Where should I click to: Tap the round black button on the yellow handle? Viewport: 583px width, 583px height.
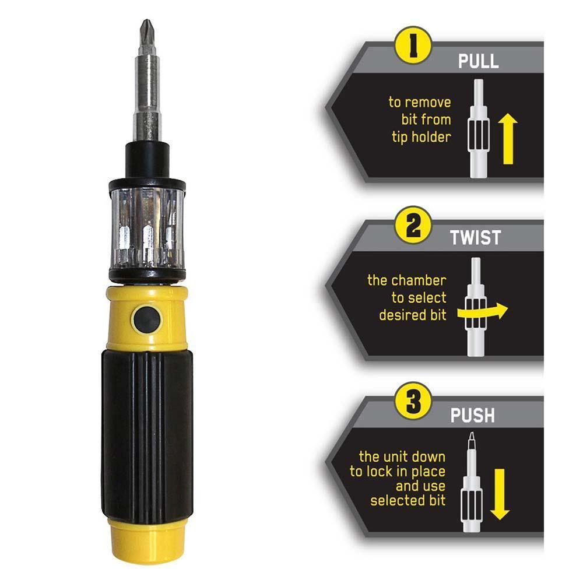[x=146, y=319]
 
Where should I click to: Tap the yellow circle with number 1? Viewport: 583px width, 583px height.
[x=413, y=44]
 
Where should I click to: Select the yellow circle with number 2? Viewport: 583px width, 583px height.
[x=413, y=226]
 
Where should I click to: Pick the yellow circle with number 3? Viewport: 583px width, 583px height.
[x=413, y=402]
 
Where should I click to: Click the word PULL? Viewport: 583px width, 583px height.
[x=478, y=61]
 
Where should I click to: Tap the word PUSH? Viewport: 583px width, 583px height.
[x=472, y=416]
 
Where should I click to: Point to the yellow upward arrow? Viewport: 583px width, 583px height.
[x=508, y=136]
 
